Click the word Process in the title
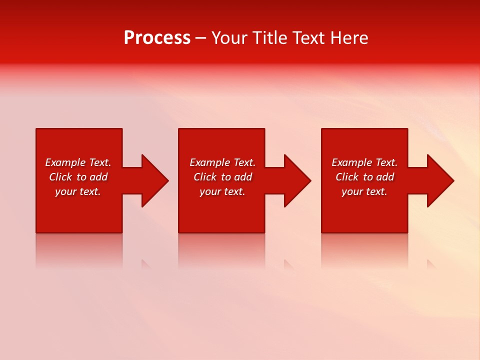click(x=157, y=38)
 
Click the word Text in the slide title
click(x=307, y=38)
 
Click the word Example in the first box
click(x=65, y=162)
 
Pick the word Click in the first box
click(x=60, y=177)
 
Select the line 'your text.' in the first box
click(x=78, y=191)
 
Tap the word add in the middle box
click(x=243, y=177)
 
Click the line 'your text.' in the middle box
click(x=222, y=191)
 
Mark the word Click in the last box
click(x=347, y=177)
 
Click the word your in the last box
click(x=352, y=191)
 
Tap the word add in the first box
click(x=98, y=177)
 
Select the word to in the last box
click(x=368, y=177)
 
